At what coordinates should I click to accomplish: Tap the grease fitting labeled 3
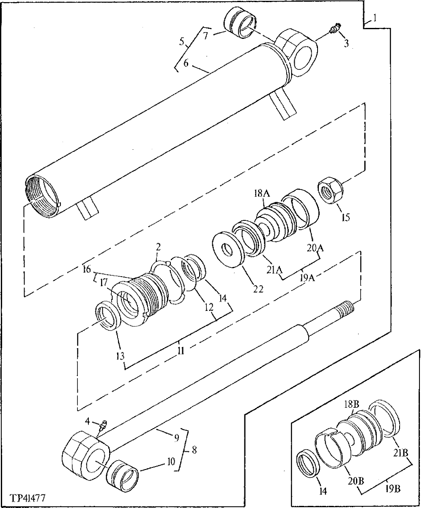coord(334,30)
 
